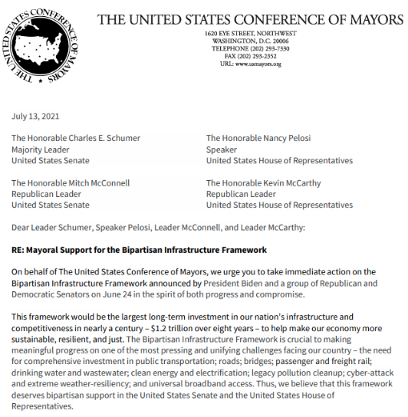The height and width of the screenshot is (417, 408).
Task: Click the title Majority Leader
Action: (40, 150)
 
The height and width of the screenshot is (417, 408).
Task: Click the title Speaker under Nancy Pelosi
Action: (222, 150)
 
